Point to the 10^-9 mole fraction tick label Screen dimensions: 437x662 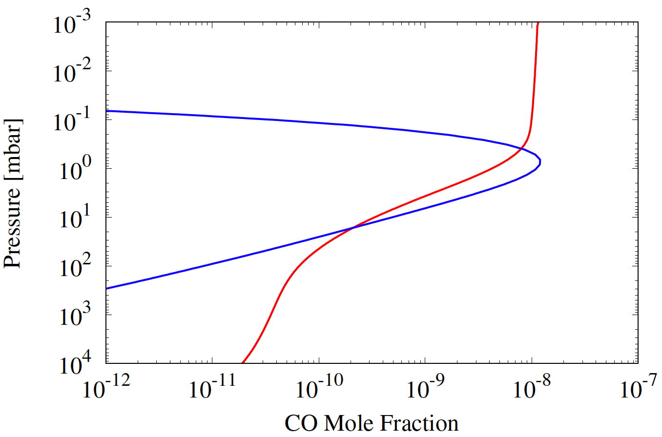425,390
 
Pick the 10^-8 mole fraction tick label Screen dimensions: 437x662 531,390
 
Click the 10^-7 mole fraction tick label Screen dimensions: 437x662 638,390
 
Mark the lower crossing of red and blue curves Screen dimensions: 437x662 352,227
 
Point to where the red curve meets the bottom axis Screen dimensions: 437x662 243,363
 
